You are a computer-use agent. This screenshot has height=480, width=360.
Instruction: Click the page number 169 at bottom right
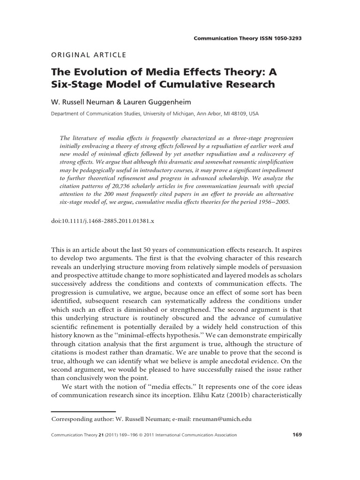(x=297, y=435)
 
